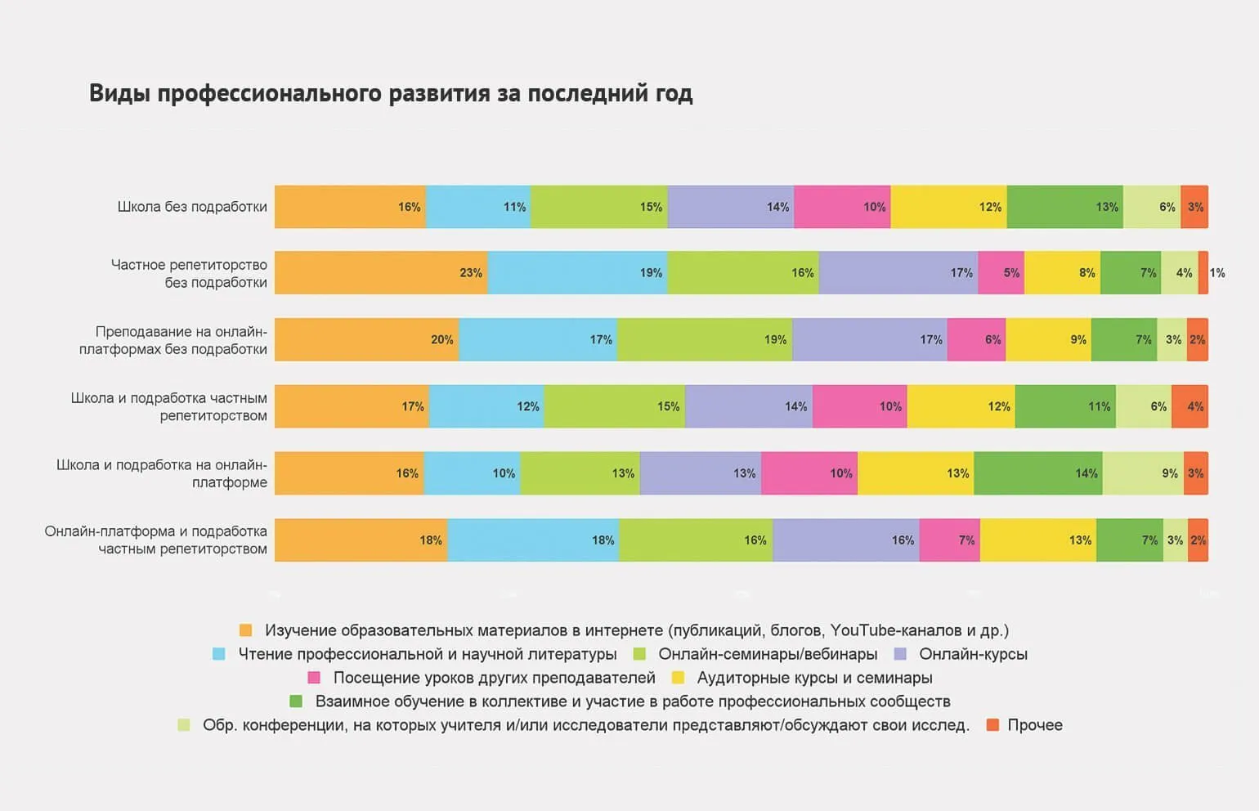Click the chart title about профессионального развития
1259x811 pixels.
click(x=391, y=93)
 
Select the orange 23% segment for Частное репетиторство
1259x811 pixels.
click(x=381, y=273)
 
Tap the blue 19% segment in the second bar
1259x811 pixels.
click(x=577, y=273)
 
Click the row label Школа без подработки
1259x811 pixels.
click(x=192, y=207)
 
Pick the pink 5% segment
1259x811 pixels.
click(x=1001, y=273)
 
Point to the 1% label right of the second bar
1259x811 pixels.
click(x=1217, y=273)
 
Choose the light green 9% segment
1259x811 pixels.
click(x=1143, y=473)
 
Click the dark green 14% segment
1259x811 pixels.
click(x=1037, y=473)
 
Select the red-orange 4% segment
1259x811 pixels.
click(x=1190, y=406)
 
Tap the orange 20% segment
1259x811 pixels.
click(x=366, y=340)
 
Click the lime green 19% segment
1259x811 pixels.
click(x=705, y=340)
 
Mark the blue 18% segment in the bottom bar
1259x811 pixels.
click(x=533, y=540)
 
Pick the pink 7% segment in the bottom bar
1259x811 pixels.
click(x=949, y=540)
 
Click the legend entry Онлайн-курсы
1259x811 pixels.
click(x=973, y=654)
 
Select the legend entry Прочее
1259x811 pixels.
click(x=1034, y=725)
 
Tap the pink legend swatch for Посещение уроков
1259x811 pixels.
click(x=314, y=678)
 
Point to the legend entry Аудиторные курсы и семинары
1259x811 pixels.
click(x=814, y=678)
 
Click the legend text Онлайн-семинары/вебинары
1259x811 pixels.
click(x=768, y=654)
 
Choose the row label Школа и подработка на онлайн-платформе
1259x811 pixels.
click(x=162, y=473)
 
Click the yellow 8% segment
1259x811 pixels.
click(x=1062, y=273)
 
